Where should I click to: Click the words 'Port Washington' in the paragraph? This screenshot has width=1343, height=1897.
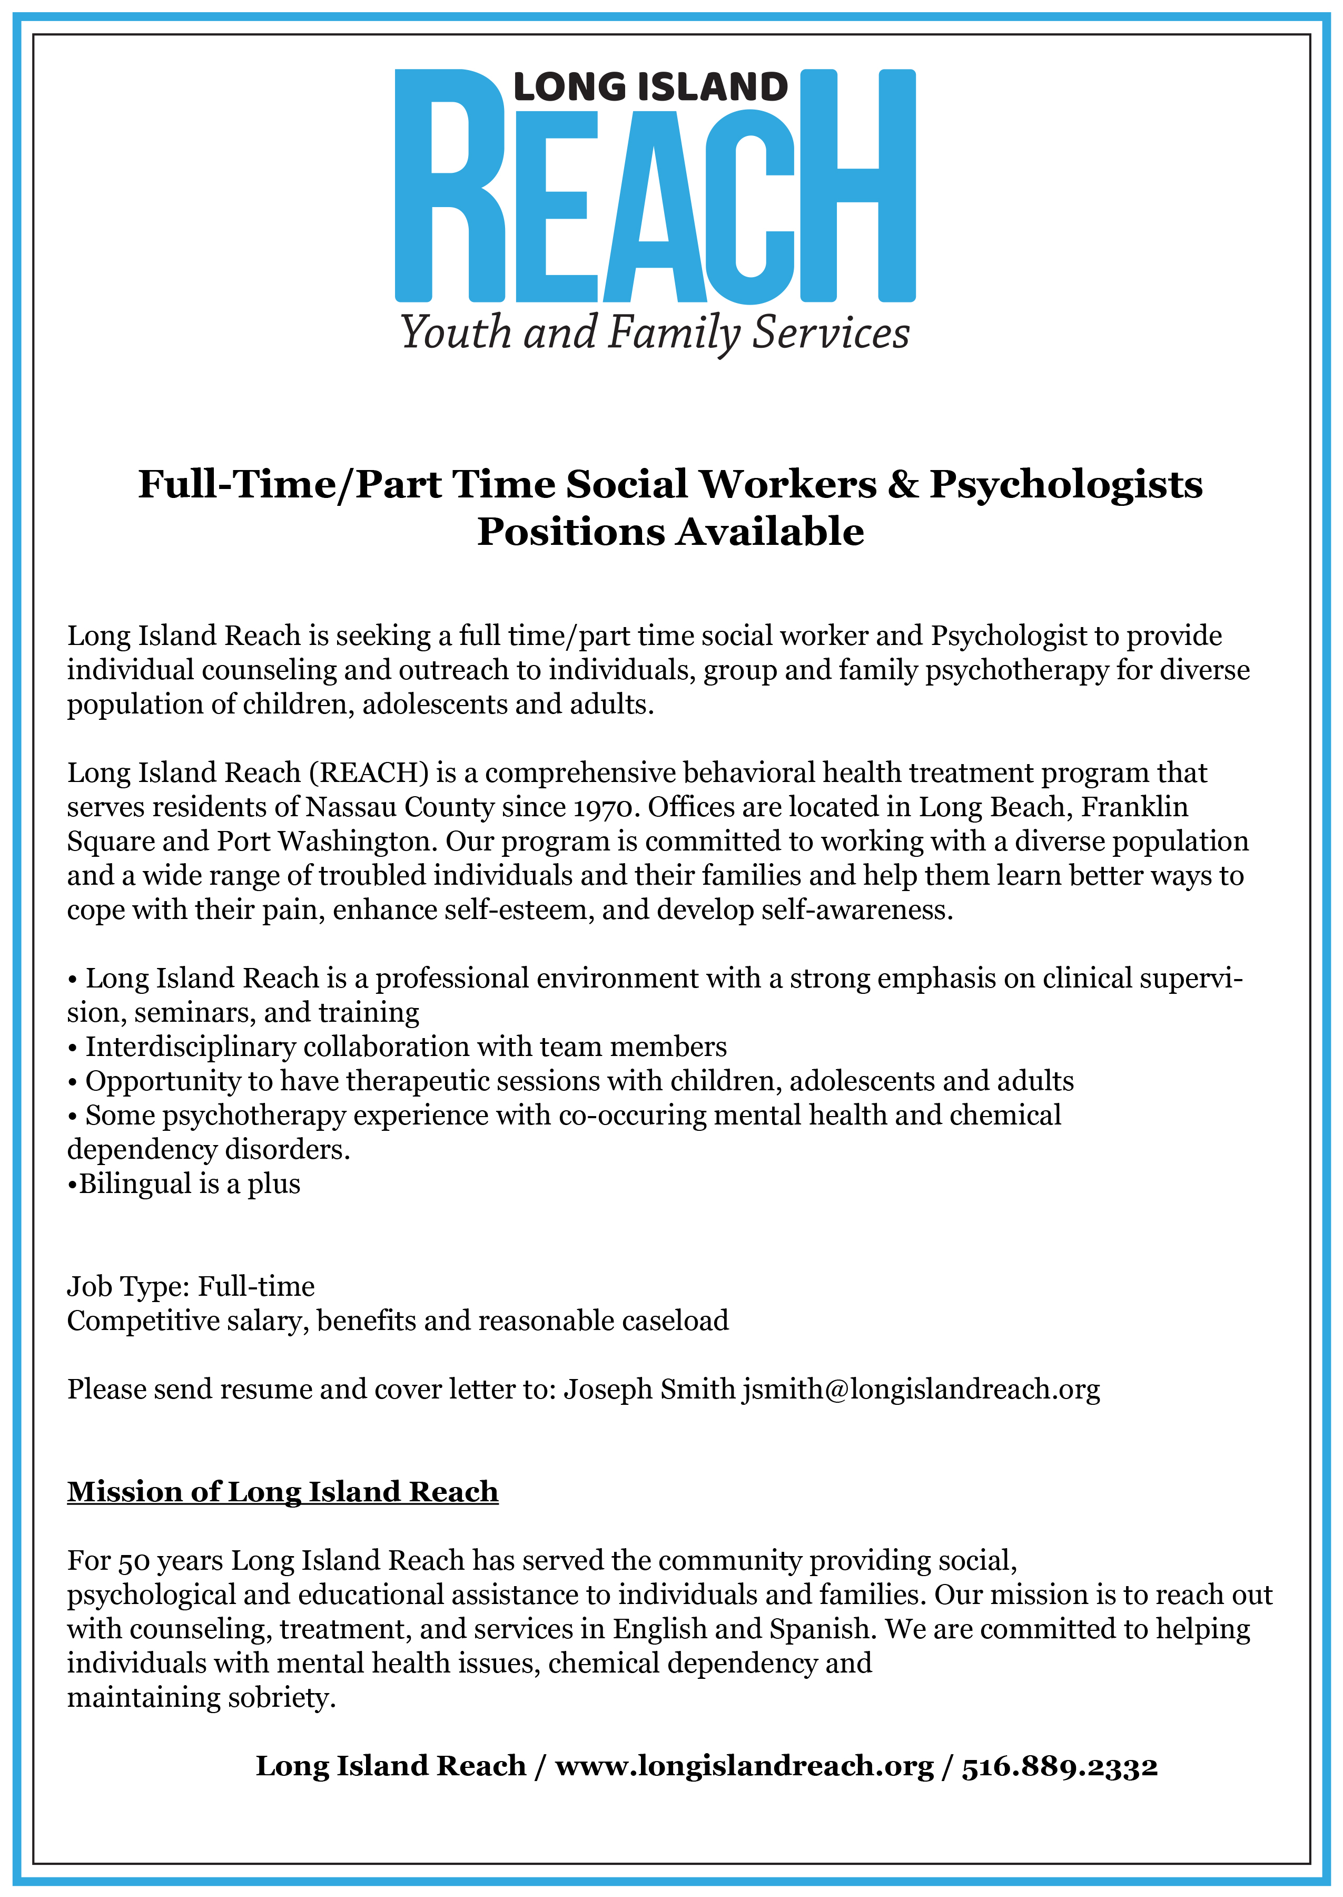pos(326,842)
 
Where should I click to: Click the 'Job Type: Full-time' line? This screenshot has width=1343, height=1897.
pos(191,1286)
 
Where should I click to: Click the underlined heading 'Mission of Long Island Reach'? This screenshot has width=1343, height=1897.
pos(283,1492)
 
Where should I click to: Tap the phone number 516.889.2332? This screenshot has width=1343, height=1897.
pos(1059,1765)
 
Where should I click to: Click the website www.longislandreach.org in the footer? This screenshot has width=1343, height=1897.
pos(744,1765)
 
